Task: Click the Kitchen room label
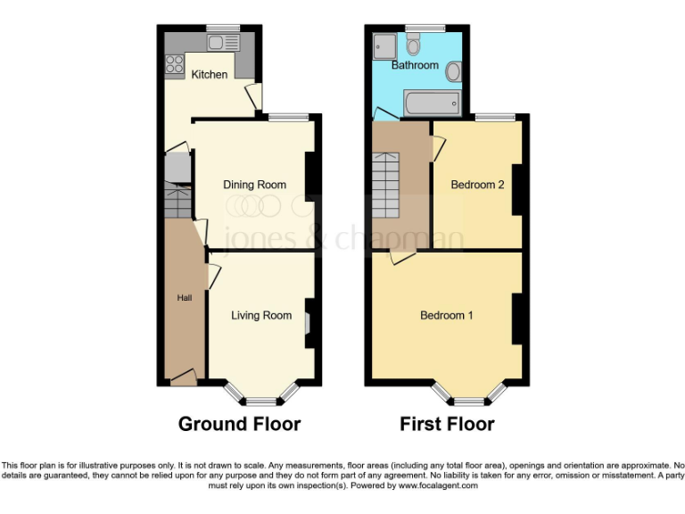tap(210, 74)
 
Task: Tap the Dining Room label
tap(254, 185)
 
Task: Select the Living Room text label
tap(261, 315)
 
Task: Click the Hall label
tap(184, 297)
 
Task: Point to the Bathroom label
tap(415, 65)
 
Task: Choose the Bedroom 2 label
tap(477, 185)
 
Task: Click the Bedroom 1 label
tap(447, 315)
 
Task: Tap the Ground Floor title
tap(239, 424)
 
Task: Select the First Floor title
tap(447, 424)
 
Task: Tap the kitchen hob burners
tap(173, 64)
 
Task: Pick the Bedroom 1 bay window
tap(468, 394)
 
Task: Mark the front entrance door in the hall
tap(184, 379)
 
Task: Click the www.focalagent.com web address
tap(438, 486)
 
